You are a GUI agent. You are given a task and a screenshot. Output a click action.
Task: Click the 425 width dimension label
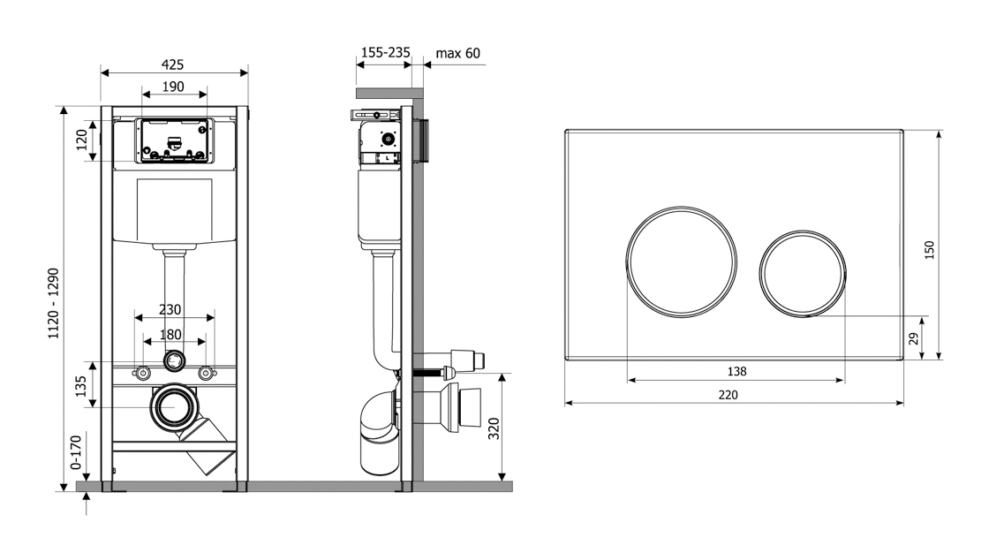coord(172,64)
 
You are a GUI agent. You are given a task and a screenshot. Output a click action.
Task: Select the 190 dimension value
coord(173,87)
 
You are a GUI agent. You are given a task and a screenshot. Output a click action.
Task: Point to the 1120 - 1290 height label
coord(54,303)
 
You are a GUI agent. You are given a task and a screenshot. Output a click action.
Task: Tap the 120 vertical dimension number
coord(82,140)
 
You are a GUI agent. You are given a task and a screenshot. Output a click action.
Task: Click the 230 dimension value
coord(170,309)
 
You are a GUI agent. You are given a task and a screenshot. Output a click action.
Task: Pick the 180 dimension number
coord(170,335)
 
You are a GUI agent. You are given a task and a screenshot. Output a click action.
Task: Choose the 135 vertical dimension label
coord(80,386)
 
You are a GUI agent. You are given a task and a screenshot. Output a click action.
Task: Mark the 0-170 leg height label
coord(76,451)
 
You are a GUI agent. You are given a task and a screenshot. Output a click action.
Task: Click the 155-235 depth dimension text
coord(385,52)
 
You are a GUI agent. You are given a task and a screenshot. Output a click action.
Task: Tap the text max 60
coord(458,53)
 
